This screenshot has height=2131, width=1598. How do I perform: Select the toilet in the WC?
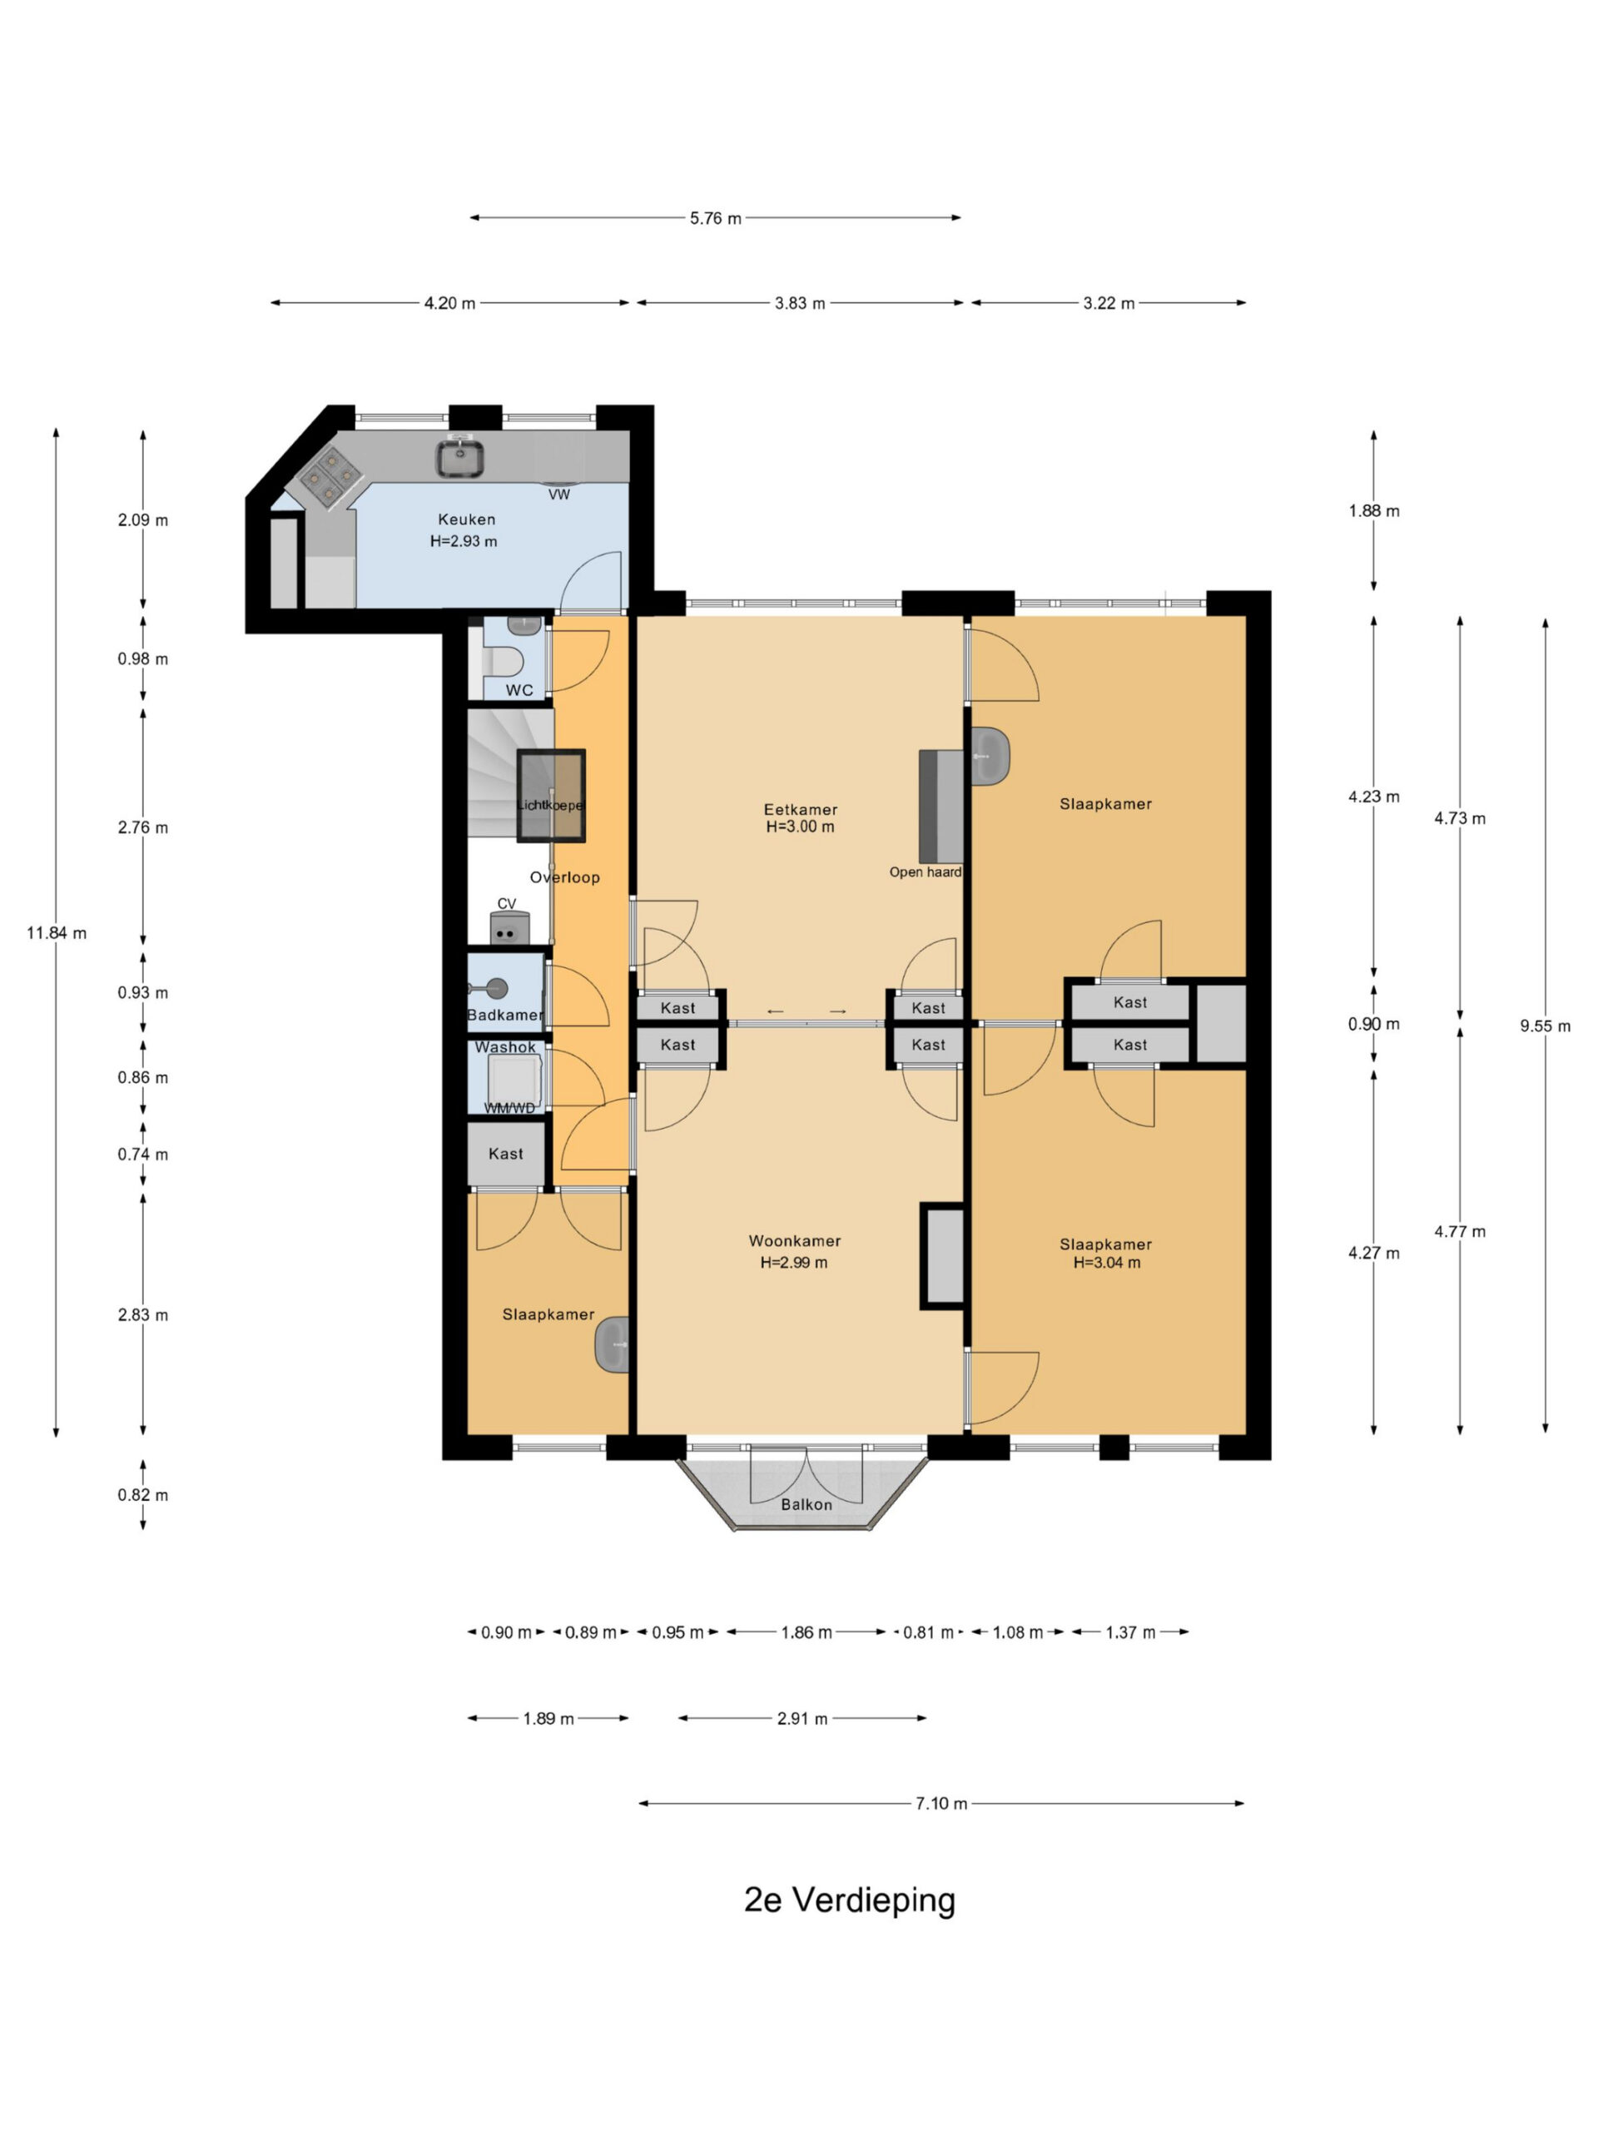[x=504, y=662]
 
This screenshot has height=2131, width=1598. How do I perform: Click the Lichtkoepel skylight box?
[x=551, y=796]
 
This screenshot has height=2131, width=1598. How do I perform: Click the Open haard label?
[x=925, y=872]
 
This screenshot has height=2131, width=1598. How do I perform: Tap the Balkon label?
[x=806, y=1504]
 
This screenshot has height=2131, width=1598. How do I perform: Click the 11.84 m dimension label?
[x=56, y=932]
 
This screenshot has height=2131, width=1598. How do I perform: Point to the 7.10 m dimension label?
[x=941, y=1804]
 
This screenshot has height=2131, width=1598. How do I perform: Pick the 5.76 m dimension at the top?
[x=716, y=219]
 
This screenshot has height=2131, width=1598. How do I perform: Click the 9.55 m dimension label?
[x=1545, y=1026]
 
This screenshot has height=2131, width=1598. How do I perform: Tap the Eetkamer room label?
[x=801, y=809]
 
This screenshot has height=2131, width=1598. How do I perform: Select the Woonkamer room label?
[x=795, y=1241]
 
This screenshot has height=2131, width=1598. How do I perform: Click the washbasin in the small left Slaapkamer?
[x=613, y=1344]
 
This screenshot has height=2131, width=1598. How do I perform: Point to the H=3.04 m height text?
[x=1107, y=1263]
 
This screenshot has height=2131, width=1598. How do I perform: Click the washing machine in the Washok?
[x=515, y=1080]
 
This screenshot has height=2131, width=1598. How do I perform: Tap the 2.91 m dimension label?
[x=802, y=1719]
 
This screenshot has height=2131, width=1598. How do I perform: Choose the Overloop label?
[x=564, y=877]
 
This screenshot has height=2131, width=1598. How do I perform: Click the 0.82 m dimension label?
[x=142, y=1495]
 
